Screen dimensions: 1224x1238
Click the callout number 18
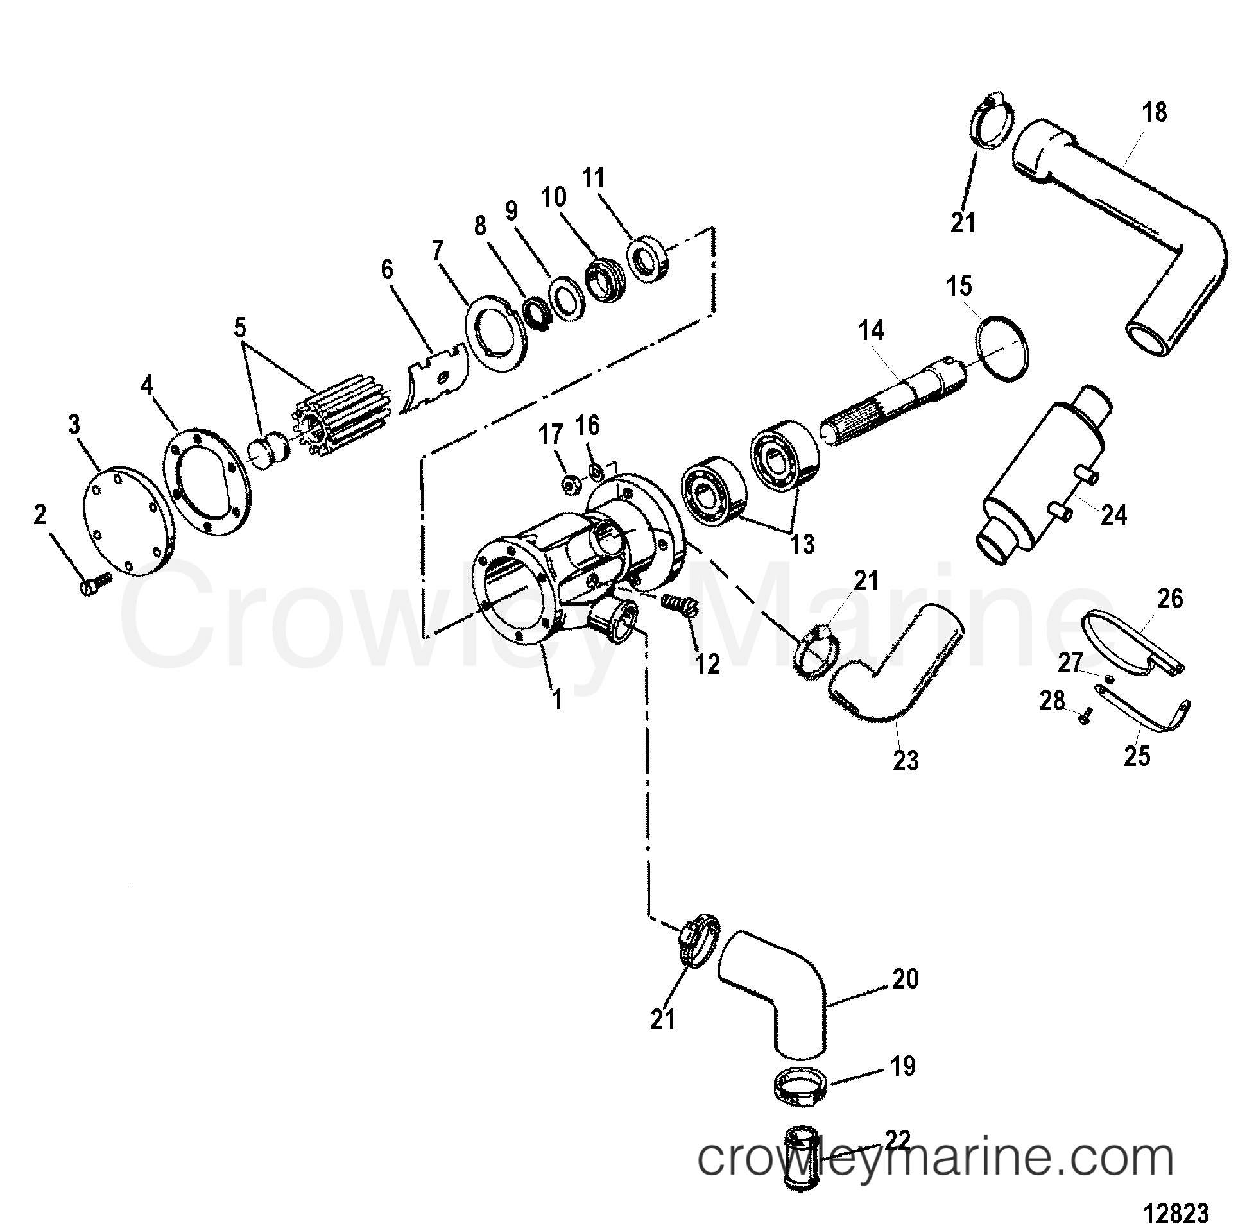point(1155,112)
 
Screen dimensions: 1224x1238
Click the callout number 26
point(1170,599)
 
